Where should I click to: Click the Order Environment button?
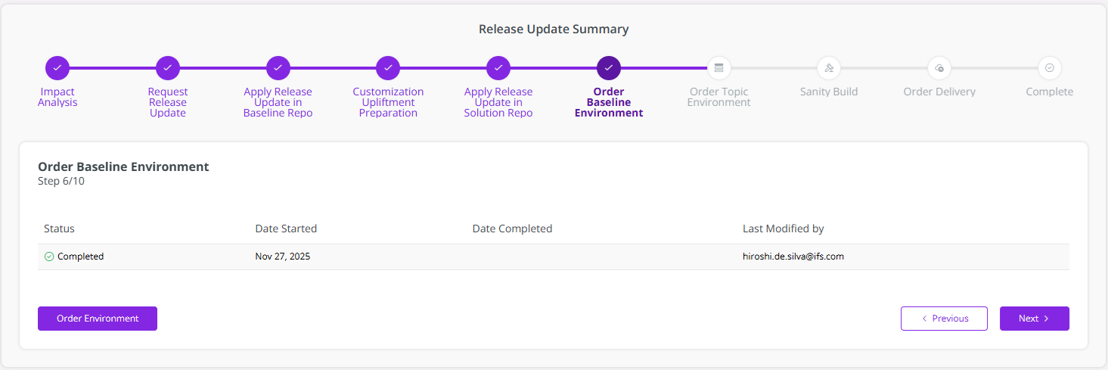[x=98, y=319]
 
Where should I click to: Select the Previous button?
[x=944, y=319]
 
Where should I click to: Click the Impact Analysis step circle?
[x=57, y=68]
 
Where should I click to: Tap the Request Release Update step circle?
[x=168, y=68]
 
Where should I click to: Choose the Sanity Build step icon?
[x=829, y=68]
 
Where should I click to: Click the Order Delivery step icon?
[x=939, y=68]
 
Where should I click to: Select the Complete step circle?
[x=1050, y=68]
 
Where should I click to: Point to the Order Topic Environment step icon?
[x=718, y=68]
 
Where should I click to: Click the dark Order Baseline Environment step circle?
[x=609, y=68]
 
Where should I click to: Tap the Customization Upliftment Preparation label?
[x=388, y=102]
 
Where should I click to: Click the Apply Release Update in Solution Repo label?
[x=498, y=102]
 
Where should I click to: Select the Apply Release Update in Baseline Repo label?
[x=278, y=102]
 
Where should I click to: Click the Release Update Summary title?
[x=554, y=30]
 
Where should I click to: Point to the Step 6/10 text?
[x=61, y=181]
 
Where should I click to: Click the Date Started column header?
[x=286, y=229]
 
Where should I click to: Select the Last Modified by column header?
[x=783, y=229]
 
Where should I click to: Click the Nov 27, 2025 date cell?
[x=282, y=257]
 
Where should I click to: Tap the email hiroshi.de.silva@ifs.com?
[x=793, y=257]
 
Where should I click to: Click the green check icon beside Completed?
[x=49, y=257]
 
